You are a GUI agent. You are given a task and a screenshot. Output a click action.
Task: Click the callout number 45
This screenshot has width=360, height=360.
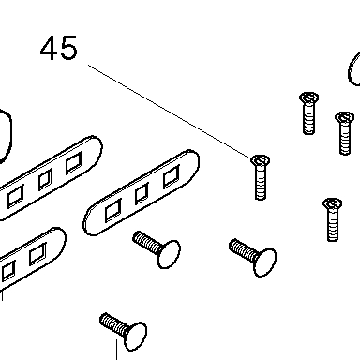point(59,48)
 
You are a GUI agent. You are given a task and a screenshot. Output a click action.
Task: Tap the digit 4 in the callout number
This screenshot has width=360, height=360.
point(49,48)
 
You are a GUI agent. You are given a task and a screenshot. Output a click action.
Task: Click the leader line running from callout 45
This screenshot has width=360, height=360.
point(169,112)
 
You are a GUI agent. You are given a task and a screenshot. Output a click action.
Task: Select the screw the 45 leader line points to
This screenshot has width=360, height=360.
point(261,177)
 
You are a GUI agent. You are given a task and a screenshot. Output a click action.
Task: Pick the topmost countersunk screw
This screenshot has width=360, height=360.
point(308,113)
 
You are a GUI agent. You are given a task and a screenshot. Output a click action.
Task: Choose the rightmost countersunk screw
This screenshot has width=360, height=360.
point(344,133)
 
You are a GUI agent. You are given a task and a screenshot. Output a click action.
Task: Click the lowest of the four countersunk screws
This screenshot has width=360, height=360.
point(332,219)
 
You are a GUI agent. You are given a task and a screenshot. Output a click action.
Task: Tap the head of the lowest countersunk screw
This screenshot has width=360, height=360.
point(332,203)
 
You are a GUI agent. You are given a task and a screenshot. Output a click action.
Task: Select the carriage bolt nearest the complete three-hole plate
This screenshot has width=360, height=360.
point(157,249)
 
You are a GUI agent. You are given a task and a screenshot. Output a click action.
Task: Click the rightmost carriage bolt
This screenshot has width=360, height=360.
point(253,257)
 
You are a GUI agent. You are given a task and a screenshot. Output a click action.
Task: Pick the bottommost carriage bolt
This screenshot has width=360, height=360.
point(124,331)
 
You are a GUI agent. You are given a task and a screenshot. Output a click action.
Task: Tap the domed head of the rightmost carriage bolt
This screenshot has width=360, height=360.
point(265,262)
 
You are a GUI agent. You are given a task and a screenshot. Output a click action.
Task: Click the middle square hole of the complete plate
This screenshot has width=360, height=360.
point(142,194)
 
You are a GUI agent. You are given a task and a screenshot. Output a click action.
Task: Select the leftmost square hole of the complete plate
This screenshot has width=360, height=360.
point(112,210)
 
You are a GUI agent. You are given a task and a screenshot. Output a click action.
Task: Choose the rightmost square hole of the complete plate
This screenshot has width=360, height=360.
point(172,177)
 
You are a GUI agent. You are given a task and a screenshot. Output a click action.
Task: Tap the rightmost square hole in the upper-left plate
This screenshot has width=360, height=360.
point(74,163)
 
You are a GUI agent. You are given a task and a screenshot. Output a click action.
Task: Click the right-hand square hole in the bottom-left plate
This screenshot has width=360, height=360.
point(37,254)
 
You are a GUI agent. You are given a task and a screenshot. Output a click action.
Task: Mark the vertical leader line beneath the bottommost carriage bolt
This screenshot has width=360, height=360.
point(117,350)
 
